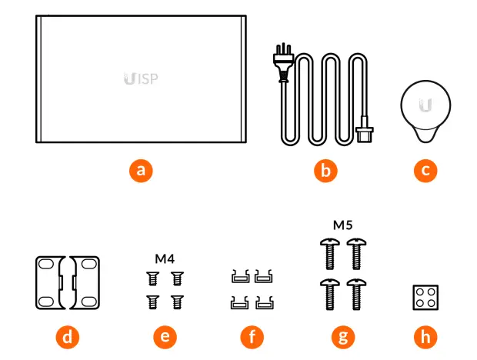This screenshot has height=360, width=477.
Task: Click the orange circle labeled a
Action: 139,170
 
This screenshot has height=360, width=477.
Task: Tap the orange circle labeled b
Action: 325,170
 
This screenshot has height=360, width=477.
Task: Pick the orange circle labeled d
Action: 69,336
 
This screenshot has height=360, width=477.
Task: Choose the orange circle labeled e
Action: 165,336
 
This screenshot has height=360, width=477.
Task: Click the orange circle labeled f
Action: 251,336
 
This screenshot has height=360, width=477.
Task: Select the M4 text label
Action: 165,258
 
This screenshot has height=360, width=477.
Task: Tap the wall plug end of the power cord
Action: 280,65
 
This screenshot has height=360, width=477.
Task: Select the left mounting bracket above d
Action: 54,282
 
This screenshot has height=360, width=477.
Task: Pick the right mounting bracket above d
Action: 84,282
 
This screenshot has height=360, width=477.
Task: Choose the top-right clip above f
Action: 265,275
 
